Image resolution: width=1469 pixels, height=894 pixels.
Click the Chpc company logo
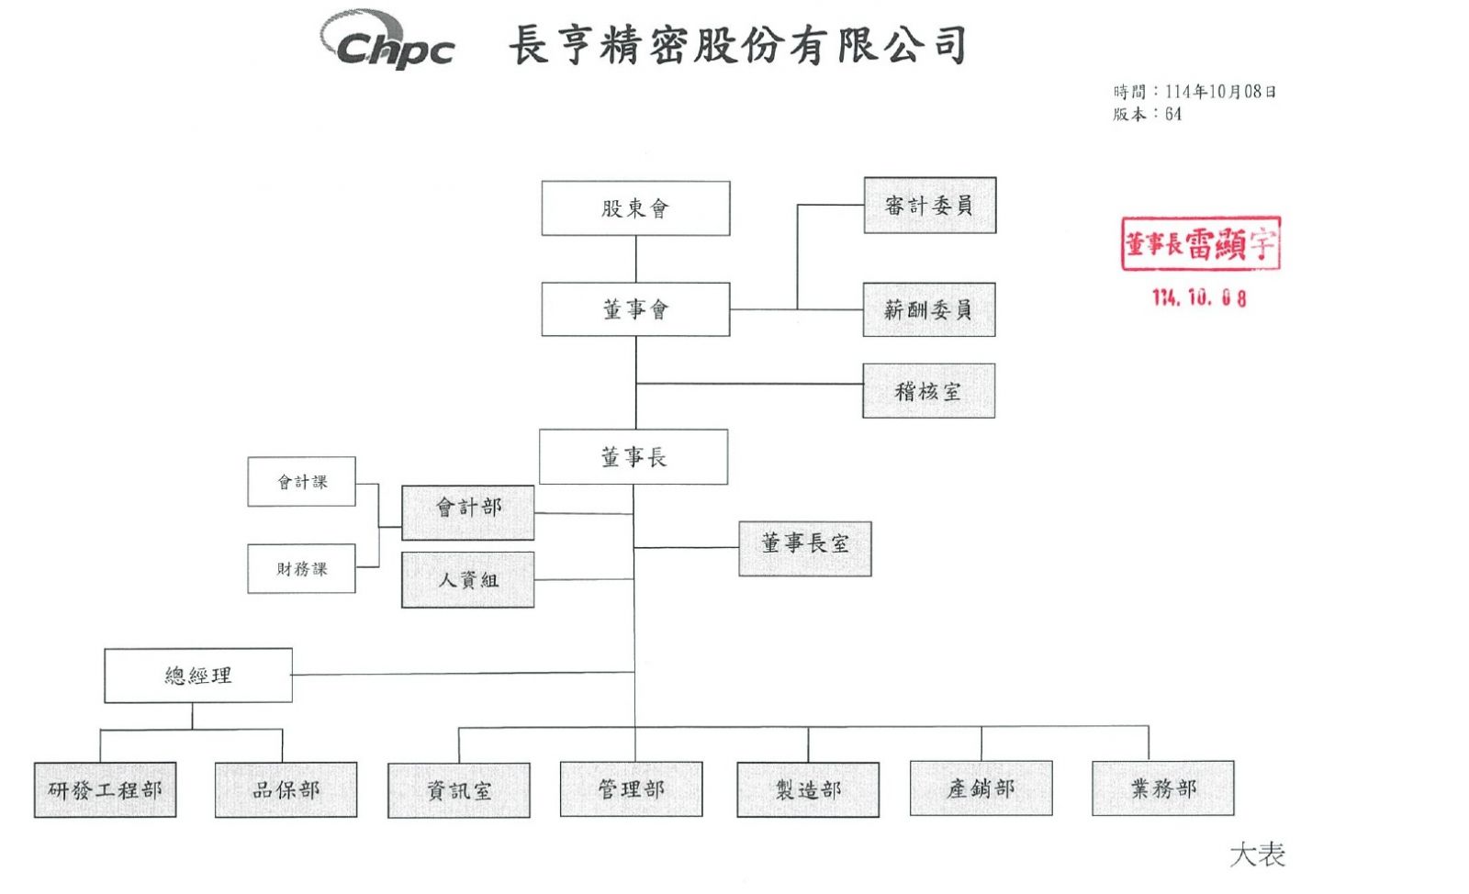[x=388, y=41]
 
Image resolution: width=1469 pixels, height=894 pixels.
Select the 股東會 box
[x=635, y=208]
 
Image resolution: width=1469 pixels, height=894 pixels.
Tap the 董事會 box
[x=635, y=309]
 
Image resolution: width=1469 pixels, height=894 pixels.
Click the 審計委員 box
[x=929, y=206]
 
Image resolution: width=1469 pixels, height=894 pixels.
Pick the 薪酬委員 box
[x=928, y=310]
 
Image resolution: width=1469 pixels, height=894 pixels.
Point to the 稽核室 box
[x=928, y=391]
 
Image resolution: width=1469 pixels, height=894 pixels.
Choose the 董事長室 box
[x=804, y=548]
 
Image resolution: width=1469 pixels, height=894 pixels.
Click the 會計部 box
[x=467, y=512]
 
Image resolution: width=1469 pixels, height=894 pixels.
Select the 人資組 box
[x=467, y=579]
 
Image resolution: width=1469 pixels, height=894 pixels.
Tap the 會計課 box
[x=301, y=482]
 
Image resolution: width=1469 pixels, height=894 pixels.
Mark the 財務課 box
[x=301, y=569]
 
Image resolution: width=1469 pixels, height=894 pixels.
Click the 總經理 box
[x=198, y=676]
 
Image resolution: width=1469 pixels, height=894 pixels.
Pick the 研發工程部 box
[x=105, y=789]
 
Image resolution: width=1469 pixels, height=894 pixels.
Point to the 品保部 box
[x=286, y=789]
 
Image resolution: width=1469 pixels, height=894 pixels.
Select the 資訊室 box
[x=458, y=790]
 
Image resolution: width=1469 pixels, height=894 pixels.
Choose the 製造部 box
[x=807, y=789]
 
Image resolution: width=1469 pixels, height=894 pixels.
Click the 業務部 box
[x=1162, y=788]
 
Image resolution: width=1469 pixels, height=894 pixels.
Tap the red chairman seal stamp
[x=1200, y=244]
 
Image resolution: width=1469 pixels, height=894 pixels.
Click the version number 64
[x=1172, y=115]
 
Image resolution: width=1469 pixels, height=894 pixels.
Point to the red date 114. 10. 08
[x=1199, y=297]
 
